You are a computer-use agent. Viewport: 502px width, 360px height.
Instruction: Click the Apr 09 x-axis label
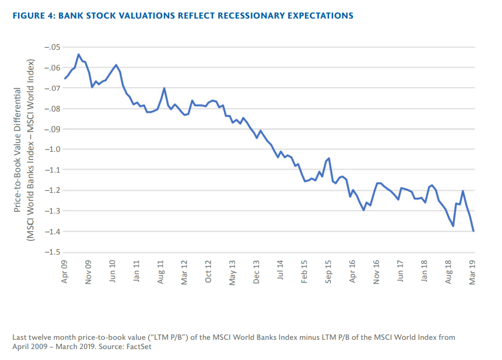(66, 272)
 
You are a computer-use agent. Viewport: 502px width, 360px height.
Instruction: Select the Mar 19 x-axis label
(473, 272)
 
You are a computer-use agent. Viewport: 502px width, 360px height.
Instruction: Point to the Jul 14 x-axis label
(281, 272)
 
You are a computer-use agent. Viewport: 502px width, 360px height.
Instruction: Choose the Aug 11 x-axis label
(161, 272)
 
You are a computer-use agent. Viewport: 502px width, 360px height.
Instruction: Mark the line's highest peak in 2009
(79, 55)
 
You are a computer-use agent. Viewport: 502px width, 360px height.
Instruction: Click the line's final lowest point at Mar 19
(473, 231)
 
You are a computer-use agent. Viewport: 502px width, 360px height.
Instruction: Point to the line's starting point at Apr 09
(65, 79)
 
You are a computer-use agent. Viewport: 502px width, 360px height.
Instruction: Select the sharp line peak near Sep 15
(329, 158)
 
